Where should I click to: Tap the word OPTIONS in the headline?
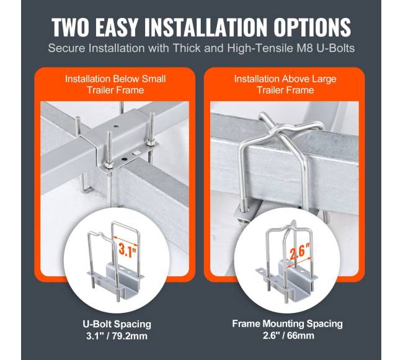click(x=312, y=27)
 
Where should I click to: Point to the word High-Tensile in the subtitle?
click(x=260, y=48)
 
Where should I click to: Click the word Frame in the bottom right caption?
click(x=246, y=323)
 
